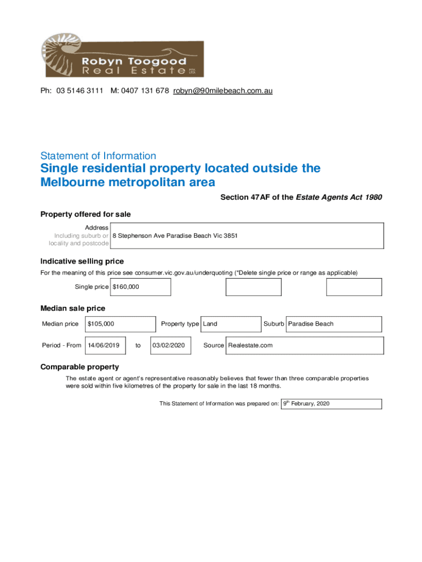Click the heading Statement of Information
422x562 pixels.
98,156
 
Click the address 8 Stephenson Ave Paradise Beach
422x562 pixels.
175,235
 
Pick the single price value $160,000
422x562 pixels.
126,287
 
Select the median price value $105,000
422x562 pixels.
101,324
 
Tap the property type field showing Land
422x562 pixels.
210,324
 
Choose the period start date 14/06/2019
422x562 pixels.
104,345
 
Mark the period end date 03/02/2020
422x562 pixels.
169,345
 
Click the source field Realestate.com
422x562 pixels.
250,345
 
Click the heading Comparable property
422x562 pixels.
79,367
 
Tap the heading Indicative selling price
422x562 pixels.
82,261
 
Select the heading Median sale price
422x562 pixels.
73,308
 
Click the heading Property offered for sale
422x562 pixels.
85,214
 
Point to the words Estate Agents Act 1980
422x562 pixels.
339,197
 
